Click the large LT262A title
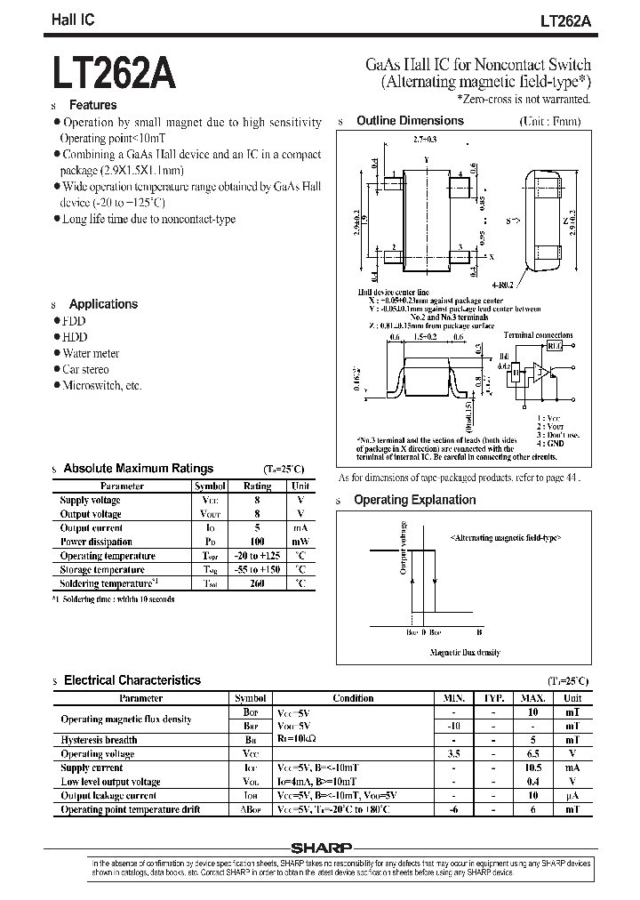coord(115,75)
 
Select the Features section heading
coord(93,105)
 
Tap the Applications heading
coord(103,304)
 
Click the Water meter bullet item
coord(91,353)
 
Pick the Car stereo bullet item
coord(85,369)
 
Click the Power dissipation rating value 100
coord(258,542)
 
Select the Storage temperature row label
coord(102,569)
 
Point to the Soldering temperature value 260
coord(258,583)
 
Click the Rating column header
coord(258,486)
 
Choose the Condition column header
coord(353,699)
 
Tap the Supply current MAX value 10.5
coord(533,767)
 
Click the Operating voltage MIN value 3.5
coord(454,753)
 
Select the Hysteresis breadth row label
coord(99,740)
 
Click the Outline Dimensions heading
coord(410,121)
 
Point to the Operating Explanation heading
coord(414,501)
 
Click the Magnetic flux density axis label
coord(464,653)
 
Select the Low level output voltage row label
coord(110,782)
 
